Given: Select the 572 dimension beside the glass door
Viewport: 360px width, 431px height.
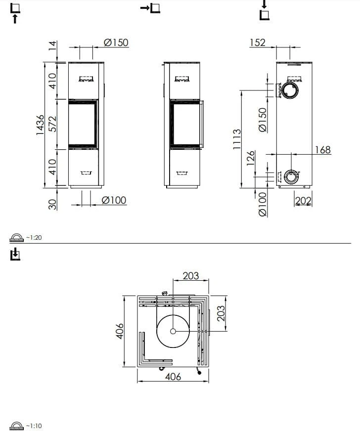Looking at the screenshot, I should click(53, 124).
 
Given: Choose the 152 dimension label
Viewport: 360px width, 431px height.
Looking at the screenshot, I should click(257, 43).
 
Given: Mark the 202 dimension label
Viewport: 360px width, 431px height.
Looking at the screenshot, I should click(303, 200).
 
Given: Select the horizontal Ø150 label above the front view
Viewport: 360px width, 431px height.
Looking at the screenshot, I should click(116, 43).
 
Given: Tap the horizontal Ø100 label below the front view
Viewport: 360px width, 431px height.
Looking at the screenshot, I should click(114, 200).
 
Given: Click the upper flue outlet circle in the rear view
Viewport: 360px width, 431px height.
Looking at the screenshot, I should click(290, 90).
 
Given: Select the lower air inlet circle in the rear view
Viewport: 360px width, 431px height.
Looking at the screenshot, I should click(291, 177).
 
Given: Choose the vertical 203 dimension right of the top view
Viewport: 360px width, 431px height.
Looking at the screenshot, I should click(221, 313).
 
